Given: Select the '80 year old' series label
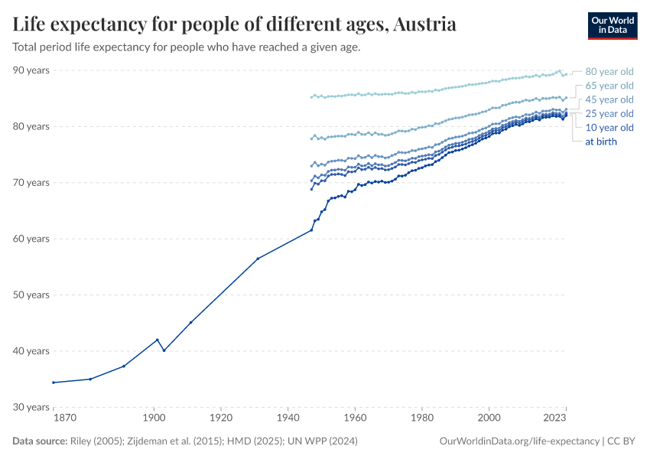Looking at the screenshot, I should (609, 72).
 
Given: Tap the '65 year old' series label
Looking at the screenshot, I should (609, 86).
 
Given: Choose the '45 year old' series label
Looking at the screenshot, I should (609, 99).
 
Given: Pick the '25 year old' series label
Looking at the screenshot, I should (609, 113).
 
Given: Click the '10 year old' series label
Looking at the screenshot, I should (609, 127).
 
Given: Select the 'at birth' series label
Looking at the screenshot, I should (600, 142).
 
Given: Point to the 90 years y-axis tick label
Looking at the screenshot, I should (31, 70).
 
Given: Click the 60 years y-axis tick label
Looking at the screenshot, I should (31, 239).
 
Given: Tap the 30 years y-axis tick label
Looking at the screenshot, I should (31, 407).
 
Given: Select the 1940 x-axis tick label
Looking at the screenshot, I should (288, 418).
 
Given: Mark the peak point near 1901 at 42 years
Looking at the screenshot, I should (158, 340).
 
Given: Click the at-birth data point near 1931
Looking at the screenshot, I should (258, 259).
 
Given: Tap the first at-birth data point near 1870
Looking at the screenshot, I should (54, 382).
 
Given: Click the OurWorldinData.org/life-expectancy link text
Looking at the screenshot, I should (520, 441).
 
